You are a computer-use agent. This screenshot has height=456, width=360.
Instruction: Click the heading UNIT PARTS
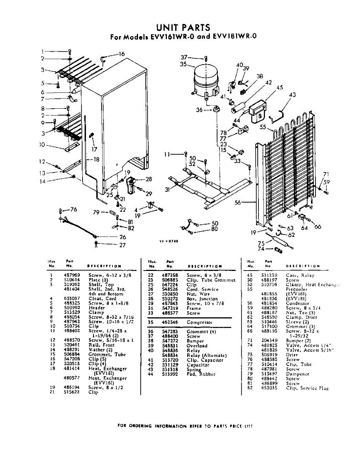pos(183,28)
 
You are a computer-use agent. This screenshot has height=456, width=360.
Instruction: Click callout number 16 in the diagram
pos(122,54)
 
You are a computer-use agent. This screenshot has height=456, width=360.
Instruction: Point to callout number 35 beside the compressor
pos(184,65)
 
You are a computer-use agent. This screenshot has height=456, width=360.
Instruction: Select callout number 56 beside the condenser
pos(238,203)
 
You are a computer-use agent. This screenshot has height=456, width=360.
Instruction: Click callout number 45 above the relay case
pos(280,88)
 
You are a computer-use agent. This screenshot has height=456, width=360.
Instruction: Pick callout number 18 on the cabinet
pos(96,160)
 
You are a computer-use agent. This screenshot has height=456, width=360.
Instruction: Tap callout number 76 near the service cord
pos(73,210)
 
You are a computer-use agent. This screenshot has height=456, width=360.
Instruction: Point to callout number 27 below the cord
pos(122,245)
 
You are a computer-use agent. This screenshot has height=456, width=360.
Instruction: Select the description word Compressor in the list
pos(199,323)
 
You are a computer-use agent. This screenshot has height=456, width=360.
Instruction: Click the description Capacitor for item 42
pos(198,365)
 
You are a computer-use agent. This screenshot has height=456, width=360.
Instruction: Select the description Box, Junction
pos(202,299)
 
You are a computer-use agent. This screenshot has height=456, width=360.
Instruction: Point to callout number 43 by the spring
pos(292,95)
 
